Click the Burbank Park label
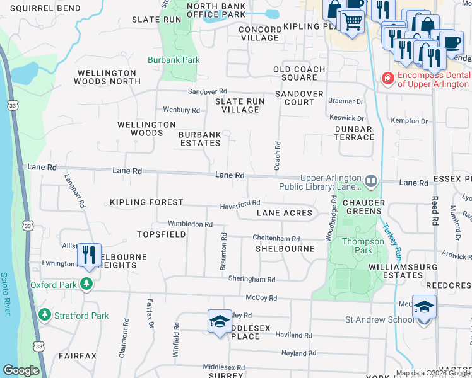click(174, 60)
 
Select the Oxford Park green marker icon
click(86, 285)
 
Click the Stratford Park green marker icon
click(44, 314)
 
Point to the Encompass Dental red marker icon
click(387, 79)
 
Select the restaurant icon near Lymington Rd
click(88, 255)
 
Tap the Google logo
click(21, 370)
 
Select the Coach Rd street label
click(276, 155)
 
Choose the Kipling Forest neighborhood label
click(146, 202)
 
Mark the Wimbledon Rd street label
click(190, 224)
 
